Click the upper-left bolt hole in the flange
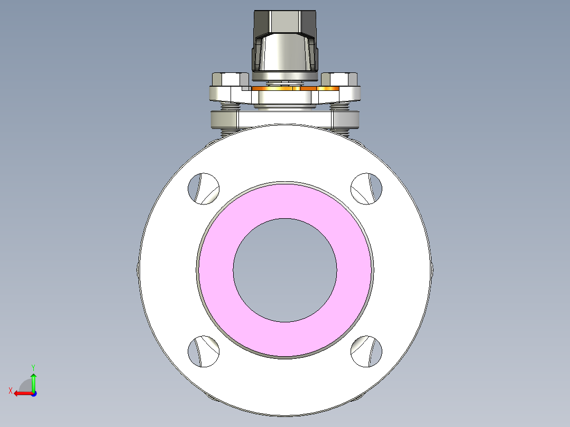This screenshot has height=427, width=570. click(204, 188)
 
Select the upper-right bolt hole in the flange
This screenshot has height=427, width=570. click(367, 188)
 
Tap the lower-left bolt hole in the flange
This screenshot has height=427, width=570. click(204, 351)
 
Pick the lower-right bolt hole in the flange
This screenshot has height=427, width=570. click(367, 351)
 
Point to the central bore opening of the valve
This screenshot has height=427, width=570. click(285, 270)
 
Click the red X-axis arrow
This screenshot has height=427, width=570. click(21, 393)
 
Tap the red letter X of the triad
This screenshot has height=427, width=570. click(10, 391)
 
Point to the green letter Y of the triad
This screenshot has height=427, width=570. click(33, 367)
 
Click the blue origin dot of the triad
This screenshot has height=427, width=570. click(33, 394)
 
